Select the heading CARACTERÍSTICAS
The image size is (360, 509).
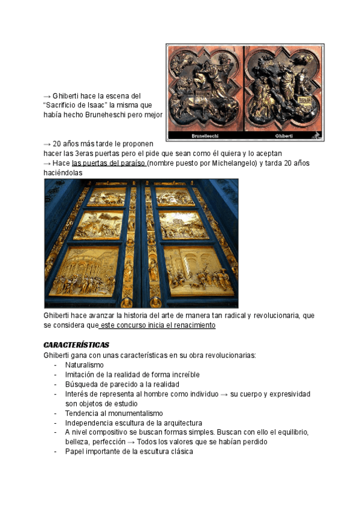76,345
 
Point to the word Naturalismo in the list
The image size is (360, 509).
85,365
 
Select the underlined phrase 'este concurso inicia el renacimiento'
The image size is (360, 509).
157,325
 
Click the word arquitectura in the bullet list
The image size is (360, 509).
182,423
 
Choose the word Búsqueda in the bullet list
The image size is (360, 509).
81,384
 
